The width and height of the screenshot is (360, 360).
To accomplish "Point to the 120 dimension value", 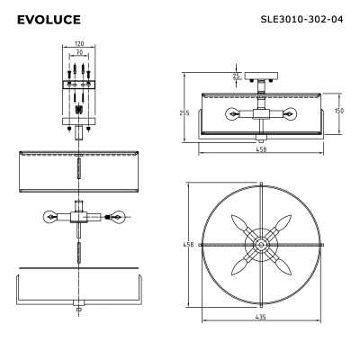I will coord(80,43).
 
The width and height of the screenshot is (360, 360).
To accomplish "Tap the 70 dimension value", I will coord(80,53).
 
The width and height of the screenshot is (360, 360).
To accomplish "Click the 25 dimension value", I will coord(237,76).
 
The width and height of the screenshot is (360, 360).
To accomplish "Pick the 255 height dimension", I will coord(184,112).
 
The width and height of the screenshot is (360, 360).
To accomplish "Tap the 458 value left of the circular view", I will coord(188,243).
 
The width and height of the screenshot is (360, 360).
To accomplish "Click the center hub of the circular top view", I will coord(262,244).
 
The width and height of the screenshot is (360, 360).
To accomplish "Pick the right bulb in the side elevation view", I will coord(292,113).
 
